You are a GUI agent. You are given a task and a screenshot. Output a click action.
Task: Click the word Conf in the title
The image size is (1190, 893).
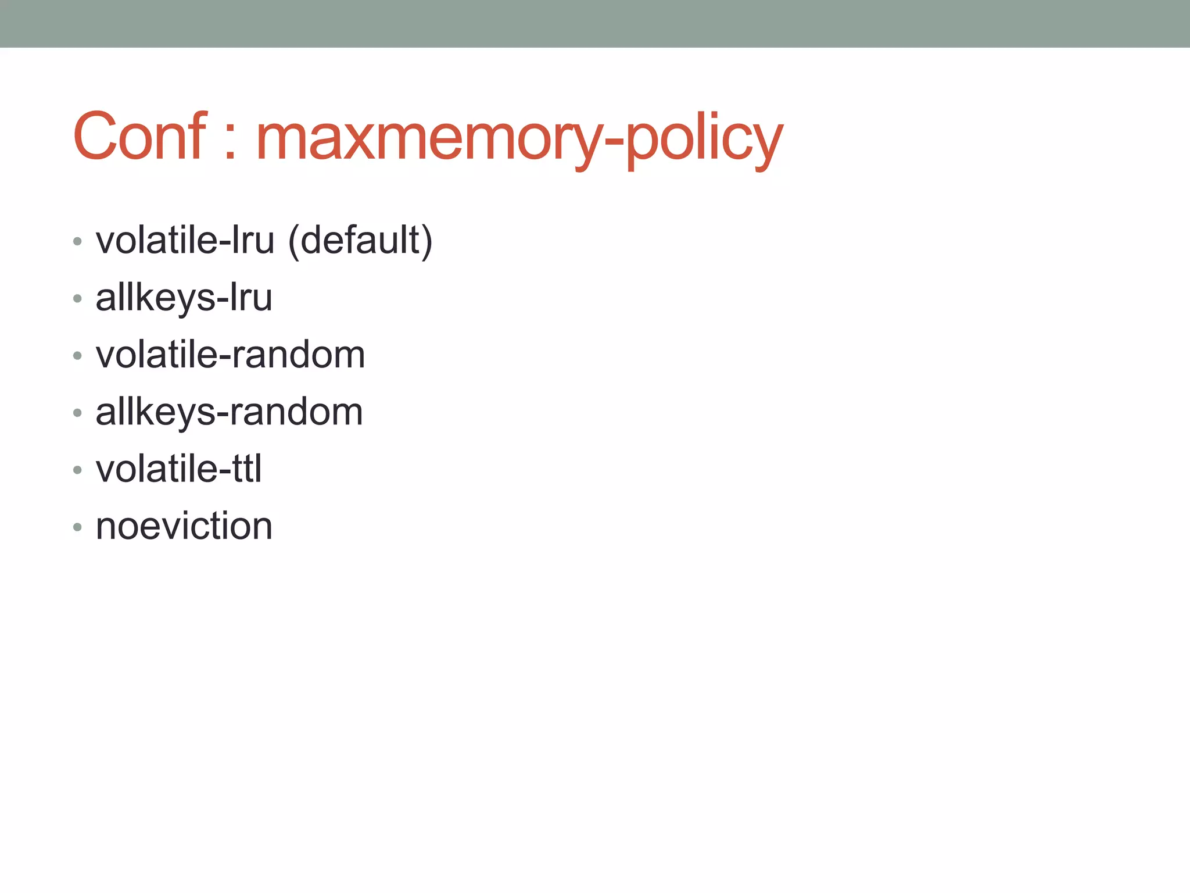(x=139, y=137)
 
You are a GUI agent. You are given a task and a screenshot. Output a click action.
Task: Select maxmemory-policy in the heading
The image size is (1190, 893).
(x=519, y=140)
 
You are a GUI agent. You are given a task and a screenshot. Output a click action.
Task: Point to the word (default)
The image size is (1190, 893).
(x=360, y=241)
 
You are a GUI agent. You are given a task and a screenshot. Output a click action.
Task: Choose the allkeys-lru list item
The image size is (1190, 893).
(x=184, y=298)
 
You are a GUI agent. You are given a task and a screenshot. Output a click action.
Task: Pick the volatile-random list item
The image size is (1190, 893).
(x=230, y=355)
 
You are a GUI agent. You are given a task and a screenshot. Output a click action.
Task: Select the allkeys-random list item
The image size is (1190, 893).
(x=229, y=412)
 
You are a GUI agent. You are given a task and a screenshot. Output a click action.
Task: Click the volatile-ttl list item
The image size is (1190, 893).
(x=178, y=469)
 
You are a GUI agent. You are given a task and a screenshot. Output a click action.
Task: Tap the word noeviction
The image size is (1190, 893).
(x=184, y=526)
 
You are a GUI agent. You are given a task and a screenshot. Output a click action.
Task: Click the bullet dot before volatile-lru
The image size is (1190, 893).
(x=77, y=241)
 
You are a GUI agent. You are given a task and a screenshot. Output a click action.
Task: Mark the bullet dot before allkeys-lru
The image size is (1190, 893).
(x=77, y=299)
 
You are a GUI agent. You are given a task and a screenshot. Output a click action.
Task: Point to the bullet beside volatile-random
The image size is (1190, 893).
(x=77, y=356)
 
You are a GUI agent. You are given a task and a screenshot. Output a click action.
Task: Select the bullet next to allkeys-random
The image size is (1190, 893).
(x=77, y=413)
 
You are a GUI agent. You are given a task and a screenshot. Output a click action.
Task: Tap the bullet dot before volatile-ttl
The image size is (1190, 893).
(x=77, y=470)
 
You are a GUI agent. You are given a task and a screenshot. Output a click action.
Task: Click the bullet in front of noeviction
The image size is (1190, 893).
(x=77, y=527)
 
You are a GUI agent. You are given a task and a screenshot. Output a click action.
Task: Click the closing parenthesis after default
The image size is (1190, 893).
(x=427, y=241)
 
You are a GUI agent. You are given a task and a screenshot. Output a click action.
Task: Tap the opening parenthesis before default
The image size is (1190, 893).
(x=293, y=241)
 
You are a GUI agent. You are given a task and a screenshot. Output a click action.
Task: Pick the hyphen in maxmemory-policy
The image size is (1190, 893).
(x=614, y=142)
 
